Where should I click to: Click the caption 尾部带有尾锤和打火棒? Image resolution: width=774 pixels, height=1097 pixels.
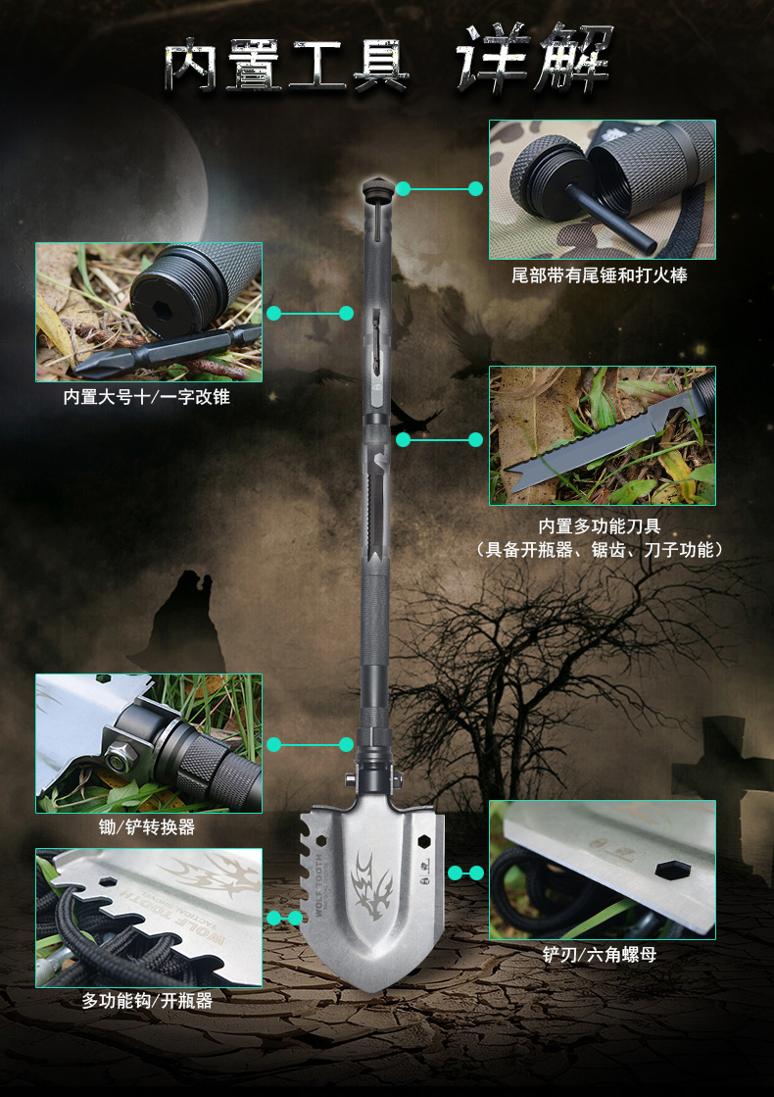point(600,275)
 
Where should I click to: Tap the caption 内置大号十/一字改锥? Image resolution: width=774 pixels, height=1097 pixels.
point(147,397)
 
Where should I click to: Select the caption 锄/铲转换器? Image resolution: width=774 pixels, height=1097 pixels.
point(148,827)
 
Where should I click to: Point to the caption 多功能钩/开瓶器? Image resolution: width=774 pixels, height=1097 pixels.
point(148,1001)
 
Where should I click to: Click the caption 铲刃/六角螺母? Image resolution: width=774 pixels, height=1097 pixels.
point(600,954)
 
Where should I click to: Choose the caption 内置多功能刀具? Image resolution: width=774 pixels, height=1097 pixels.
point(600,526)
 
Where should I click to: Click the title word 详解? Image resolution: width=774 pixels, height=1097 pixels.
point(535,59)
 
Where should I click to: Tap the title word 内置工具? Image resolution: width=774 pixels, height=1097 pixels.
point(287,65)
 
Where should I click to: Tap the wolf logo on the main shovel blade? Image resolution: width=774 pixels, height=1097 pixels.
point(372,883)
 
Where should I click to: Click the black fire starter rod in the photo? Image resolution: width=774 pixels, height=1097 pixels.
point(610,219)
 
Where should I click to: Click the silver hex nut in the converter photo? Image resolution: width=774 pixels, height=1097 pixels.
point(121,755)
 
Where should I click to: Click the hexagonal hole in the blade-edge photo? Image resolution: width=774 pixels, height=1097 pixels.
point(673,871)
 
